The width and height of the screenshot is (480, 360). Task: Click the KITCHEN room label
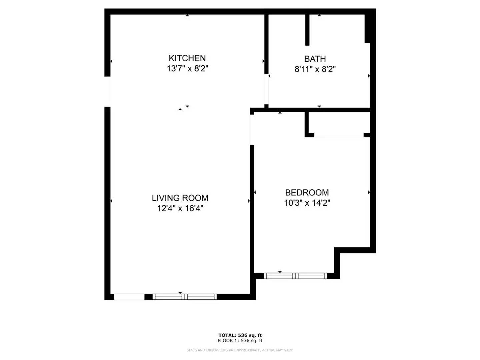click(x=187, y=58)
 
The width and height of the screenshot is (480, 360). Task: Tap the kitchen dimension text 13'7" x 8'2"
click(x=187, y=69)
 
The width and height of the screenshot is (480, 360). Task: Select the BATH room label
click(x=315, y=59)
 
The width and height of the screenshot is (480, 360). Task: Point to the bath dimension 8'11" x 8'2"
click(x=315, y=69)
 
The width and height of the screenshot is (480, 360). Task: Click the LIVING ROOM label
click(x=180, y=198)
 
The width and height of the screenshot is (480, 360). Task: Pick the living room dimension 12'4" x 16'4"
click(x=180, y=208)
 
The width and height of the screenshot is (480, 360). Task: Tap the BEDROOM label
click(x=307, y=193)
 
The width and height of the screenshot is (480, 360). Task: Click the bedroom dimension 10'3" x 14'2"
click(x=307, y=203)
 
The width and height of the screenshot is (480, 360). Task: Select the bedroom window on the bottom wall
click(x=295, y=276)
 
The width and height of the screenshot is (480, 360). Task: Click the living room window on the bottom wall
click(x=185, y=297)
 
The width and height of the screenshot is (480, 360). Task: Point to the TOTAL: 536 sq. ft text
click(x=240, y=335)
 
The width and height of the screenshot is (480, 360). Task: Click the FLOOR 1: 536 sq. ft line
click(x=240, y=341)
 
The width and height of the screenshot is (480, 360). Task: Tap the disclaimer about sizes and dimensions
click(x=240, y=350)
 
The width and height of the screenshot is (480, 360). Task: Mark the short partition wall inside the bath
click(x=307, y=30)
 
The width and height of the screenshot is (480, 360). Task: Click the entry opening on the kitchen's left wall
click(x=107, y=92)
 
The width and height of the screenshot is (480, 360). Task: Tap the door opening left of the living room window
click(x=129, y=297)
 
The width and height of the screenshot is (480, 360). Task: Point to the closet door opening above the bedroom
click(x=339, y=135)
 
